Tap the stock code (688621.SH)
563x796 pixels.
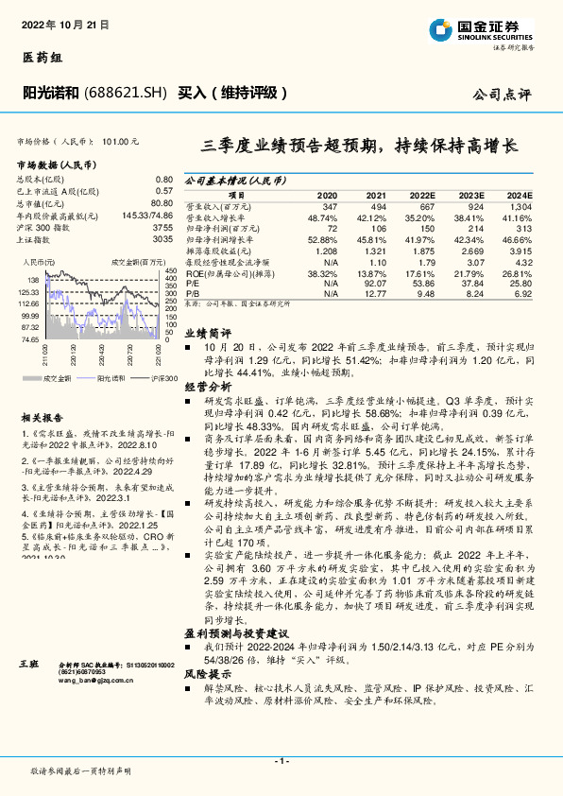(127, 93)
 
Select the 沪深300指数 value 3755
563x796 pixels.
(162, 228)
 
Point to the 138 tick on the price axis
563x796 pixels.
(30, 280)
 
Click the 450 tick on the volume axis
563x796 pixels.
(170, 271)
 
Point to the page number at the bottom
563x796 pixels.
(281, 760)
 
